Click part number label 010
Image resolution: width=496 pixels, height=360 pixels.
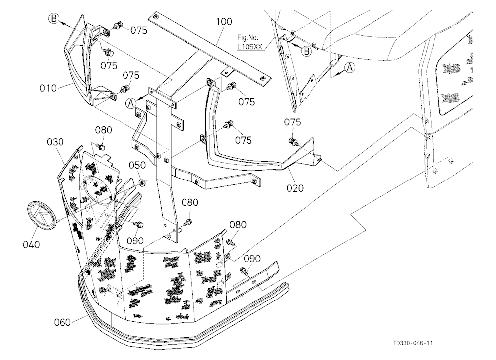point(48,88)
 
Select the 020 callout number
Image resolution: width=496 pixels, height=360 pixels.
point(295,188)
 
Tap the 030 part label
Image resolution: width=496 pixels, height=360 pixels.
point(55,142)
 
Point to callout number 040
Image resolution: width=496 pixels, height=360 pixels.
point(31,244)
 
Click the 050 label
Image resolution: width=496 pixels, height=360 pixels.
point(137,165)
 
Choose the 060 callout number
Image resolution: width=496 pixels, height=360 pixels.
point(62,322)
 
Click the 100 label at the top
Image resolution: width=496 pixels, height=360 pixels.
point(224,22)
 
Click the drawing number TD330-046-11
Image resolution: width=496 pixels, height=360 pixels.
point(413,343)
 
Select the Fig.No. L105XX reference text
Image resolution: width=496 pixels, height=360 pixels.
point(250,42)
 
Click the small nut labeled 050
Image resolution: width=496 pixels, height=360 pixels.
point(143,182)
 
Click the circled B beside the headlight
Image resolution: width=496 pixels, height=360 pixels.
point(54,18)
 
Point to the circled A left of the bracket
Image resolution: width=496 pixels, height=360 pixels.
point(131,103)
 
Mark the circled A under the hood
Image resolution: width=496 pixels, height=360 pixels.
point(349,67)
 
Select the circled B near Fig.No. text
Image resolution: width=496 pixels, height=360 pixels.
point(306,51)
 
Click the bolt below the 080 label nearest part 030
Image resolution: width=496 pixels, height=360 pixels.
point(101,146)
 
